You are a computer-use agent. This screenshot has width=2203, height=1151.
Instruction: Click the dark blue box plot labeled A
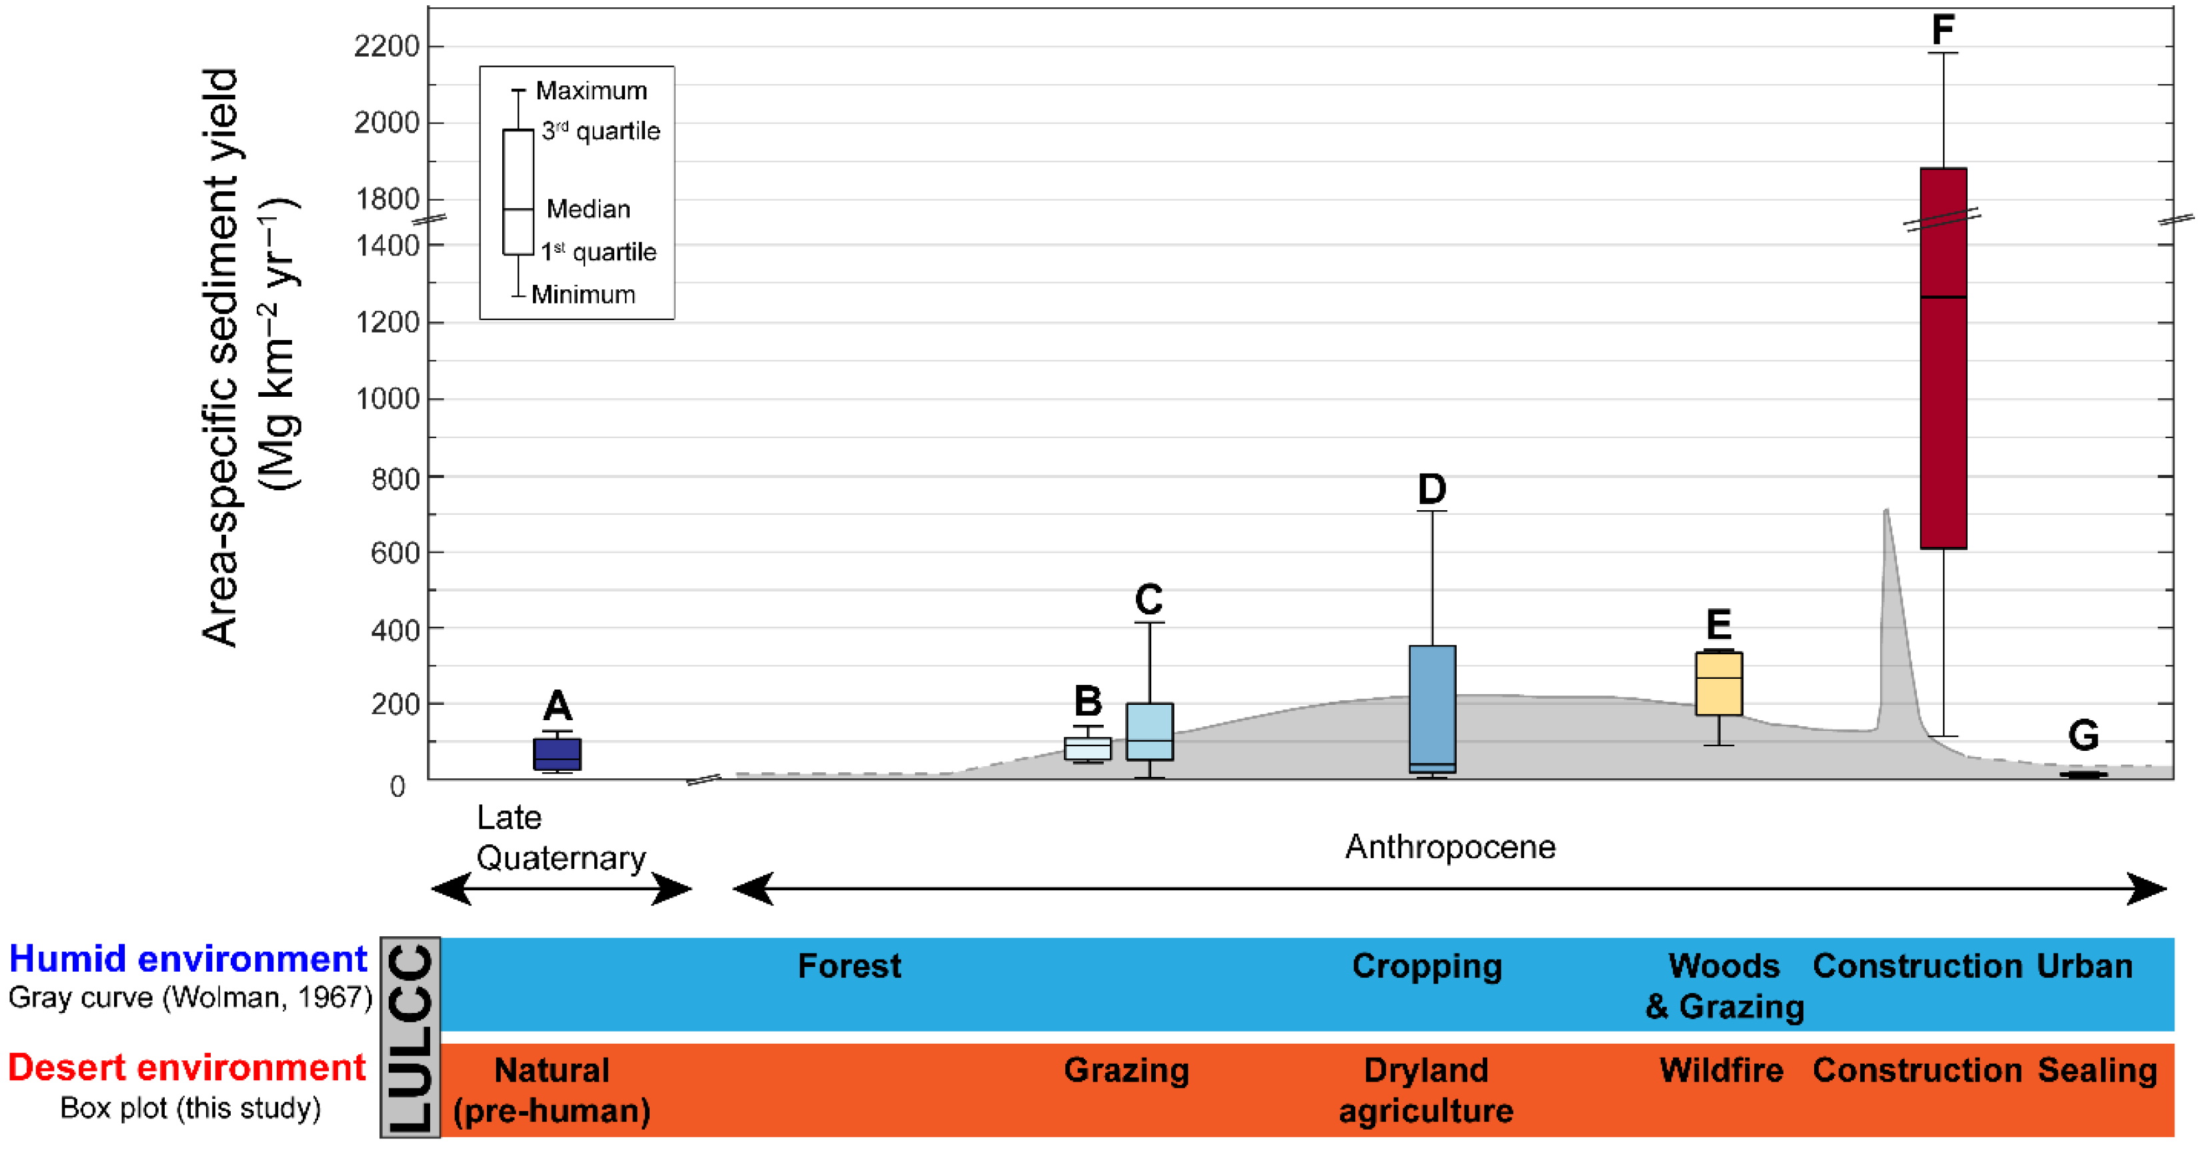tap(557, 754)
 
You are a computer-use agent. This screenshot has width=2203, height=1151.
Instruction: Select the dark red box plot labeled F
tap(1943, 359)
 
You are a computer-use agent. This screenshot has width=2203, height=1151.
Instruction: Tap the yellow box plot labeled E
tap(1718, 684)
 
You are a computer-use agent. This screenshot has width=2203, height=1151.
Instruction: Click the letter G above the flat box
tap(2082, 736)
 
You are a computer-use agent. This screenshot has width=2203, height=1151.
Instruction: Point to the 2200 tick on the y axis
tap(387, 46)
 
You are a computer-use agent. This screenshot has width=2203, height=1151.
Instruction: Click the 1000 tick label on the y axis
tap(387, 399)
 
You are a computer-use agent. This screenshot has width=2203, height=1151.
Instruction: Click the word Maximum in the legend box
tap(591, 91)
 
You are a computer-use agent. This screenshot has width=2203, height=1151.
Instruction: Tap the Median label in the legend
tap(588, 209)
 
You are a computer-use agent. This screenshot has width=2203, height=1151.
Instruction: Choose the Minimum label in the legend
tap(583, 294)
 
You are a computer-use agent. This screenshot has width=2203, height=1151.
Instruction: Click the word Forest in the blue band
tap(849, 966)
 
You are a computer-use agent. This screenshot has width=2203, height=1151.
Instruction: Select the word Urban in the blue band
tap(2084, 966)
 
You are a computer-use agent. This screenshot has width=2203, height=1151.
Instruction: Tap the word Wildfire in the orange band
tap(1721, 1070)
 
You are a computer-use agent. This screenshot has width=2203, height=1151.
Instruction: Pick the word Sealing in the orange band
tap(2097, 1070)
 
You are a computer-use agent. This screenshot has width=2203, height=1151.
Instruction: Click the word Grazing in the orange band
tap(1127, 1070)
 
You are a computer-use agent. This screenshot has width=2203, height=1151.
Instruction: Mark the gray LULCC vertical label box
tap(410, 1036)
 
